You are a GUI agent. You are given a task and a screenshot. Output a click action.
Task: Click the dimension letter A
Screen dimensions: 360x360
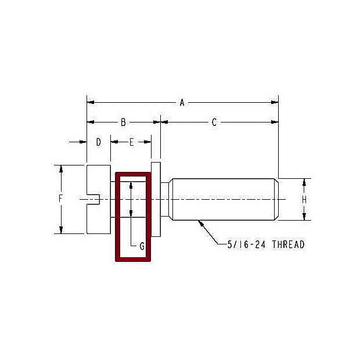tap(182, 103)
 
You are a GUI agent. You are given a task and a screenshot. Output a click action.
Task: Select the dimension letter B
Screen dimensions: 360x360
tap(123, 123)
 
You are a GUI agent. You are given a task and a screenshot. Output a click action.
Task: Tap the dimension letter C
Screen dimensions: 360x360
tap(214, 123)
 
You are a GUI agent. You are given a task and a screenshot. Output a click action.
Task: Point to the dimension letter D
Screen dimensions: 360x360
tap(99, 142)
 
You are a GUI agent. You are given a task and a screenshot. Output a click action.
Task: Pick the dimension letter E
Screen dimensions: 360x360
tap(131, 142)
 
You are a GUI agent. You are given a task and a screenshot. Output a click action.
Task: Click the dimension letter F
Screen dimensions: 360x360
tap(60, 199)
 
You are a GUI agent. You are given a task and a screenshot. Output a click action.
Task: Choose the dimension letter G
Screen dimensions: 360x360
tap(141, 246)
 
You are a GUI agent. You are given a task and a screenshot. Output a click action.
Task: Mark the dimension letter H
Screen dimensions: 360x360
tap(304, 199)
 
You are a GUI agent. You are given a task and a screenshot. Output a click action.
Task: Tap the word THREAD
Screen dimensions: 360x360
tap(288, 244)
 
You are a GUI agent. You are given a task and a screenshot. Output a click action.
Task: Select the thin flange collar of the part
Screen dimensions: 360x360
tap(156, 199)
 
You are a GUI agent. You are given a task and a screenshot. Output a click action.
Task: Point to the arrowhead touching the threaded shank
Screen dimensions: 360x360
tap(200, 222)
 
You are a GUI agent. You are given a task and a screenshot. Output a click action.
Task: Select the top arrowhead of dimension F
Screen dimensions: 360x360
tap(60, 168)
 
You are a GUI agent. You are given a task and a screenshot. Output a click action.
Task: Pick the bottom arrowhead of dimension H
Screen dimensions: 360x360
tap(304, 217)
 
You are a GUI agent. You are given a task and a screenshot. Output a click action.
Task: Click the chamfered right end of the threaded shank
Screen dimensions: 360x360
tap(276, 199)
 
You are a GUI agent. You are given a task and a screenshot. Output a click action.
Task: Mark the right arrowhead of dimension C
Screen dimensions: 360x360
tap(275, 123)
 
